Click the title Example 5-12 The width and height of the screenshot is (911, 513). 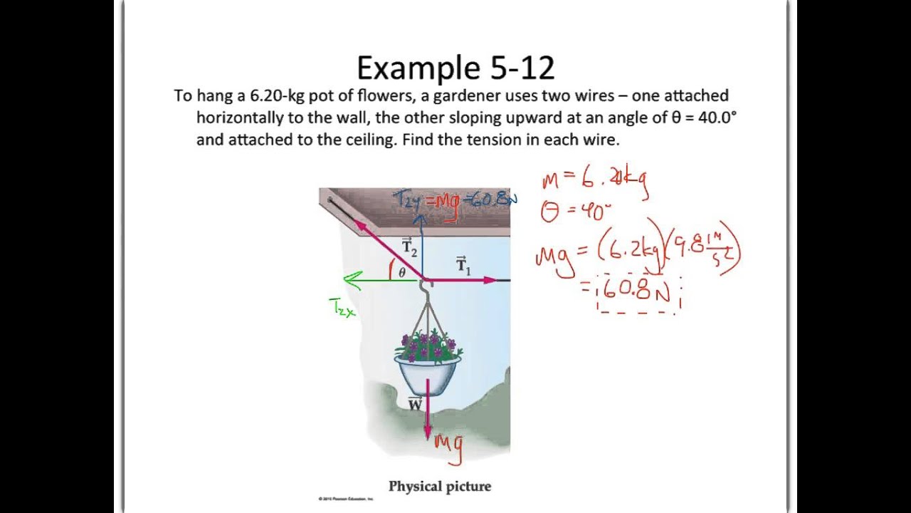[x=455, y=68]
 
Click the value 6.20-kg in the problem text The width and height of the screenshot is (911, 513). [x=277, y=96]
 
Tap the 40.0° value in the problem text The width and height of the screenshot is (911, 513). [x=715, y=118]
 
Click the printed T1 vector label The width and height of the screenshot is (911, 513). [x=463, y=265]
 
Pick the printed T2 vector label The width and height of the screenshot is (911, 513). [x=409, y=247]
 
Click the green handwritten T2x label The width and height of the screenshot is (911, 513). [x=342, y=308]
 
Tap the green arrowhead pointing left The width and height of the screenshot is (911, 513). [x=349, y=280]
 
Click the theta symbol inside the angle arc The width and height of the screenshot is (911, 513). [x=402, y=271]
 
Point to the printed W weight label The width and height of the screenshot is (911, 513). [x=416, y=405]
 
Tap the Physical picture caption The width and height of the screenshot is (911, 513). [x=440, y=487]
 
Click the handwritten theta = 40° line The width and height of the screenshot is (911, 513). [x=576, y=212]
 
